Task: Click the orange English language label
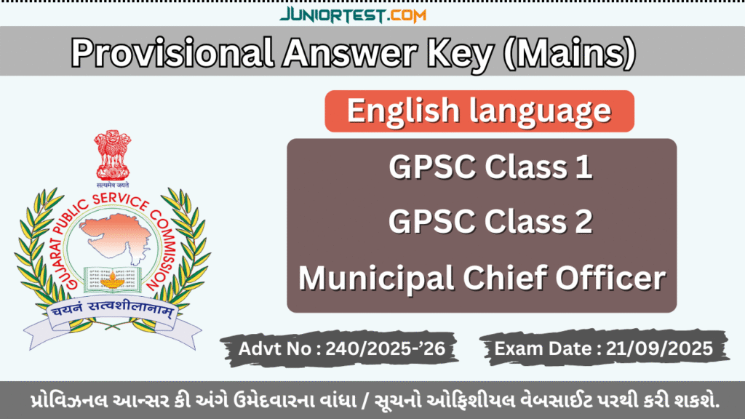(479, 111)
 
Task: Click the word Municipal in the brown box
(379, 278)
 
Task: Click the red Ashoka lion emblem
(113, 155)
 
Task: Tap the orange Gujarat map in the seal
(113, 232)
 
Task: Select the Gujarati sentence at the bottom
(372, 401)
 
